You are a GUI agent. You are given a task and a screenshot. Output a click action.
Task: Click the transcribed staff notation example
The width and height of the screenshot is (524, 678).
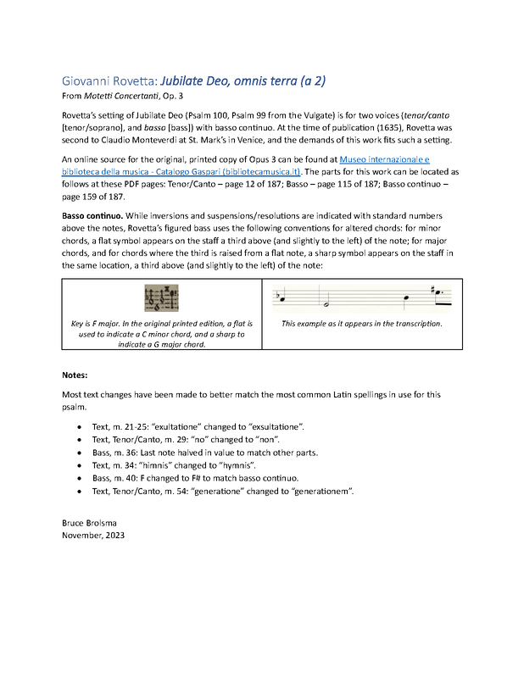point(362,297)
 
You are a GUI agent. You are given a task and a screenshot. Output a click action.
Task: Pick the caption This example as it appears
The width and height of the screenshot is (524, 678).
point(362,324)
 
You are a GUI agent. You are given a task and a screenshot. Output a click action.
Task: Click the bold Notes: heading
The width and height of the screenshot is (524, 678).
point(75,374)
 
